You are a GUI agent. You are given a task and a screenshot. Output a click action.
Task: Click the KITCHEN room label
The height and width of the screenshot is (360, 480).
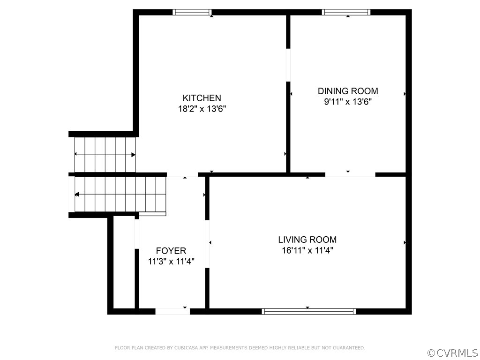click(x=202, y=98)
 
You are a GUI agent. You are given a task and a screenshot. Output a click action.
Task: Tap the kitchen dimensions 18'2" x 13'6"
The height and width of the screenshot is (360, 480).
click(x=202, y=109)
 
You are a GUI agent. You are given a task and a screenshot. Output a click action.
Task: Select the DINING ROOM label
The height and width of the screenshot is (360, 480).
click(x=348, y=91)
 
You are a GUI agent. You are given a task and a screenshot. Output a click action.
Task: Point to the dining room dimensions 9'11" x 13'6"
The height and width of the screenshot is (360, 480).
click(x=348, y=102)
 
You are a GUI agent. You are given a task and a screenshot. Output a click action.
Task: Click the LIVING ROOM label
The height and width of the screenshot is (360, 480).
click(x=307, y=240)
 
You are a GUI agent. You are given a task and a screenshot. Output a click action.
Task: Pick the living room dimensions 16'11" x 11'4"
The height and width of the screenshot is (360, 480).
click(x=307, y=250)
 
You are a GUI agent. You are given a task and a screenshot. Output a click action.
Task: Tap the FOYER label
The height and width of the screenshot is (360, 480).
click(x=171, y=251)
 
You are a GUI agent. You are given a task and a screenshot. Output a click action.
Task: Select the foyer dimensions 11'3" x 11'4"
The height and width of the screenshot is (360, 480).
click(x=171, y=262)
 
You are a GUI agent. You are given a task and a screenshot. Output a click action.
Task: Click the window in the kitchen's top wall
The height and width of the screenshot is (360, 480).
click(x=192, y=12)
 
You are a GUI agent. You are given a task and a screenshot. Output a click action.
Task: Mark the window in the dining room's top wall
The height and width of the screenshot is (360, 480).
click(x=346, y=12)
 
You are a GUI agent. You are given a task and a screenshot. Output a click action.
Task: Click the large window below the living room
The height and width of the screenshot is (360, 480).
click(x=309, y=311)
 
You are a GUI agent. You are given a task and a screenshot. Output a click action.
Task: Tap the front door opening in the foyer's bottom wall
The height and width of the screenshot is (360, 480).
click(x=172, y=311)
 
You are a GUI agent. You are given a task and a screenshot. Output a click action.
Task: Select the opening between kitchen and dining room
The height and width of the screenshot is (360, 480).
click(x=288, y=65)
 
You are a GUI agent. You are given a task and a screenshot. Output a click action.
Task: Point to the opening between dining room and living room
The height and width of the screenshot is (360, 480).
click(x=350, y=174)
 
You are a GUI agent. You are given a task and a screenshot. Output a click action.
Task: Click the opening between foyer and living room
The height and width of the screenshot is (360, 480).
click(x=207, y=244)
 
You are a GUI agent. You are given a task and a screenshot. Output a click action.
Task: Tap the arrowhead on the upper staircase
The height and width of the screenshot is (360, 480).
click(x=133, y=155)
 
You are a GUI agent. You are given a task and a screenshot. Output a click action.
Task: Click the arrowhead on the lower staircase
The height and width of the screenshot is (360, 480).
click(x=77, y=195)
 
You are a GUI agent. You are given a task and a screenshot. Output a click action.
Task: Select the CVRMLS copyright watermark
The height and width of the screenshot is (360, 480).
click(x=453, y=353)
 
